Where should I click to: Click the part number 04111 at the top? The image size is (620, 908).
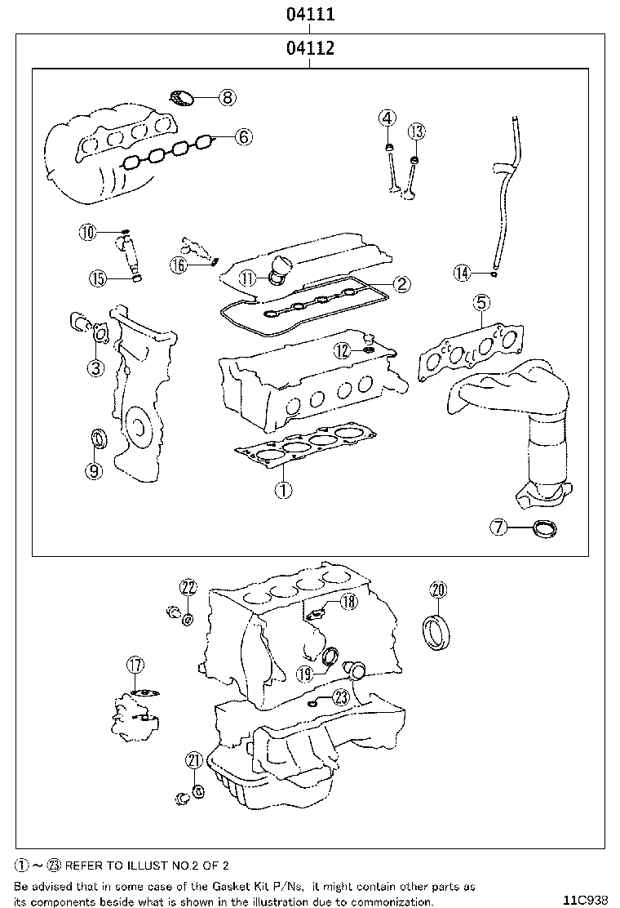pyautogui.click(x=311, y=14)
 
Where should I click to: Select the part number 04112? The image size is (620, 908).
pyautogui.click(x=311, y=48)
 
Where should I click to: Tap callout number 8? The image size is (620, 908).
pyautogui.click(x=228, y=97)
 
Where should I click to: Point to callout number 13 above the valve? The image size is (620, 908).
pyautogui.click(x=416, y=131)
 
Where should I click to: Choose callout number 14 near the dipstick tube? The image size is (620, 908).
pyautogui.click(x=462, y=273)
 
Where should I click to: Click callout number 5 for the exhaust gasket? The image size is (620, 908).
pyautogui.click(x=480, y=301)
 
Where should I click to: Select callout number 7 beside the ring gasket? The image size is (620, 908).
pyautogui.click(x=498, y=527)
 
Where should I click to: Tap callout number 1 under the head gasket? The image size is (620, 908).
pyautogui.click(x=283, y=490)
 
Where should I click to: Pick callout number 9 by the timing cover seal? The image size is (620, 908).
pyautogui.click(x=94, y=471)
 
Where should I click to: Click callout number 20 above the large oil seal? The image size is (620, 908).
pyautogui.click(x=438, y=590)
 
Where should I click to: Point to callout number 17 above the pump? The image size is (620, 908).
pyautogui.click(x=136, y=665)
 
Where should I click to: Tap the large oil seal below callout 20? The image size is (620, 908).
pyautogui.click(x=437, y=634)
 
